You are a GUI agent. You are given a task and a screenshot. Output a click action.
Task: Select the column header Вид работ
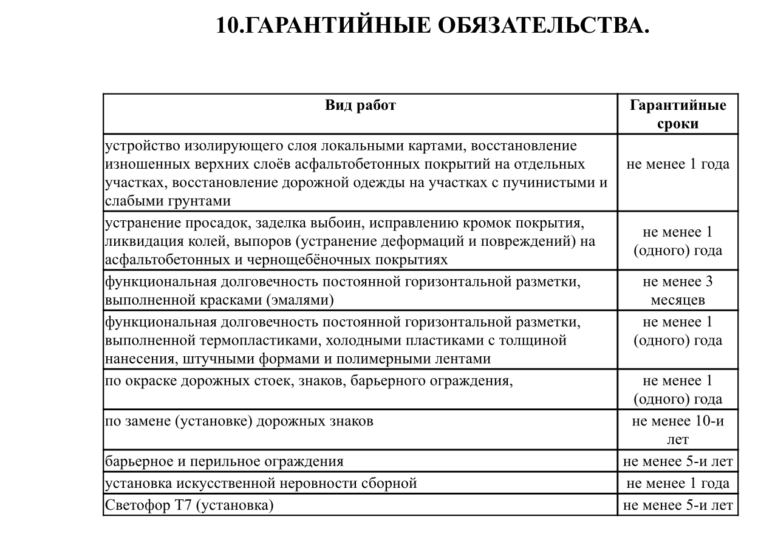[x=360, y=106]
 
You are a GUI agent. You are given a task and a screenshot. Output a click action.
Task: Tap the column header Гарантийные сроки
[x=678, y=114]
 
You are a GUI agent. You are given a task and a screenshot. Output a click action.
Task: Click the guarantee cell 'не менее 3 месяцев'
[x=678, y=291]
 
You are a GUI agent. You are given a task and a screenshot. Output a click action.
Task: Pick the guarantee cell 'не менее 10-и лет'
[x=678, y=430]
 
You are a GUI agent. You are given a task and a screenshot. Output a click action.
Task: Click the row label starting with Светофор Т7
[x=189, y=505]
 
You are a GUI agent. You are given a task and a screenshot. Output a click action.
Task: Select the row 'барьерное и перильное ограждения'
[x=224, y=461]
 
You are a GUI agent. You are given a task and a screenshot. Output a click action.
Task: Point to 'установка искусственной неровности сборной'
[x=261, y=484]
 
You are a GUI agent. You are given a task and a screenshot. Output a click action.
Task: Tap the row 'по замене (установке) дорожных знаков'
[x=239, y=421]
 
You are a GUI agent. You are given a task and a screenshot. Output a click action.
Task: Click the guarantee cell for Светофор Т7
[x=678, y=505]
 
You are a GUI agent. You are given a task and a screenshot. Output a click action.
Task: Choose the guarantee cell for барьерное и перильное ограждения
[x=678, y=461]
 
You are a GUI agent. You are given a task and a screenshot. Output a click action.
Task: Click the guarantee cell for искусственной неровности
[x=678, y=484]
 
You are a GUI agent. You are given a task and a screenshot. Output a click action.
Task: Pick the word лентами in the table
[x=466, y=359]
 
